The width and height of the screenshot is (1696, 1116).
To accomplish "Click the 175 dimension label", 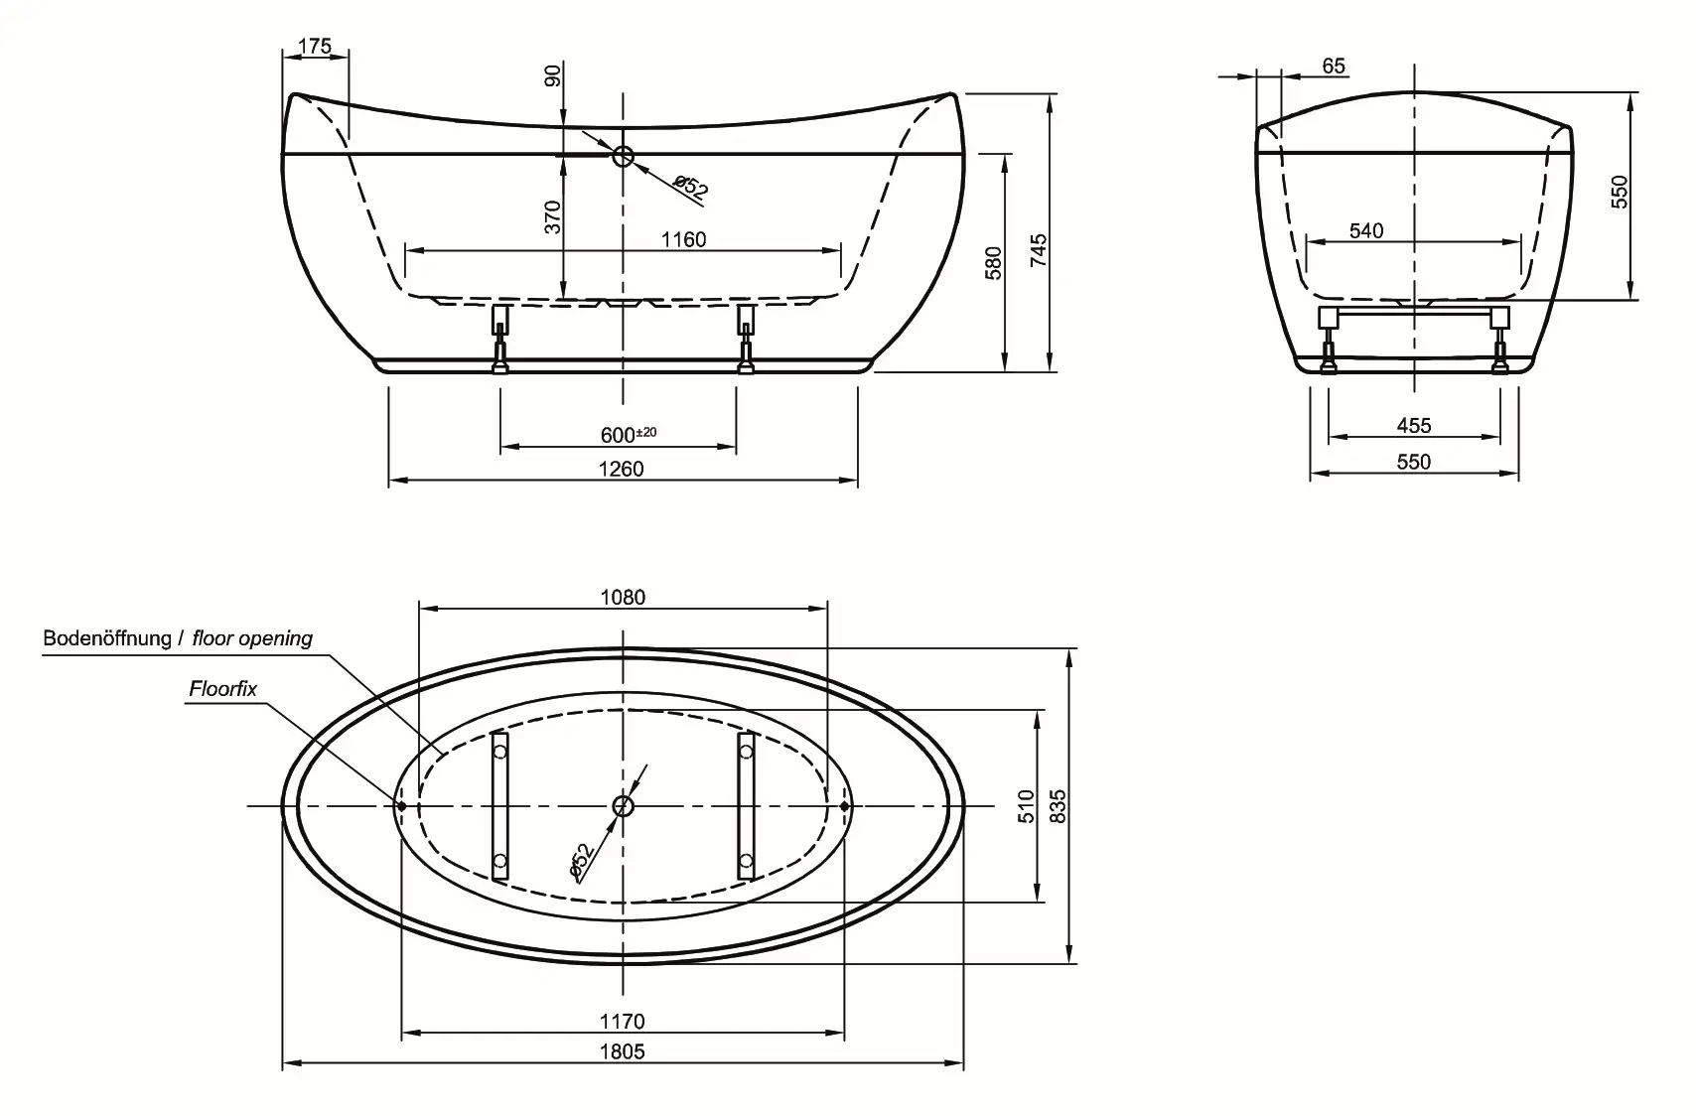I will click(314, 46).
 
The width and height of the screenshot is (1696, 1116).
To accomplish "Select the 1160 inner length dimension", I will click(684, 239).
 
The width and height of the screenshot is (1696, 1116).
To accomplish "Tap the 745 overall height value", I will click(1038, 246).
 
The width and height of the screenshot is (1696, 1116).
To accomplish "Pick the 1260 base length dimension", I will click(622, 469).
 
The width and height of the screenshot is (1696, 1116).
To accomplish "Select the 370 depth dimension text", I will click(554, 216).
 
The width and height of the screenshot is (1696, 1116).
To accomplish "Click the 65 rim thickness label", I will click(1334, 66).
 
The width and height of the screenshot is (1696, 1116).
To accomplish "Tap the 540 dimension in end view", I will click(1366, 230).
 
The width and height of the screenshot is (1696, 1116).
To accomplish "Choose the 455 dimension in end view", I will click(1413, 425).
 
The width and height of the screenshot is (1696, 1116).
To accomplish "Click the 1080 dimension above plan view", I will click(623, 597).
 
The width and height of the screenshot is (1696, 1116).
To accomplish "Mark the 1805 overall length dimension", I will click(622, 1051).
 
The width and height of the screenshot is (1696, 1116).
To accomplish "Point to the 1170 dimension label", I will click(622, 1021).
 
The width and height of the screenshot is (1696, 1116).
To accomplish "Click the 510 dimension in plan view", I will click(1027, 806).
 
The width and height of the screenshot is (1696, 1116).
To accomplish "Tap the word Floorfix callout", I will click(222, 688).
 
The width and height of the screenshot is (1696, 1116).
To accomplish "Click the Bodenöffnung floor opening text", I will click(178, 638).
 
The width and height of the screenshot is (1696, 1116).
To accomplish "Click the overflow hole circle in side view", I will click(624, 156).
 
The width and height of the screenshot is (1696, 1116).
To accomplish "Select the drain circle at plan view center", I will click(623, 806).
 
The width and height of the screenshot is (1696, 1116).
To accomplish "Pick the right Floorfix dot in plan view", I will click(844, 806).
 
